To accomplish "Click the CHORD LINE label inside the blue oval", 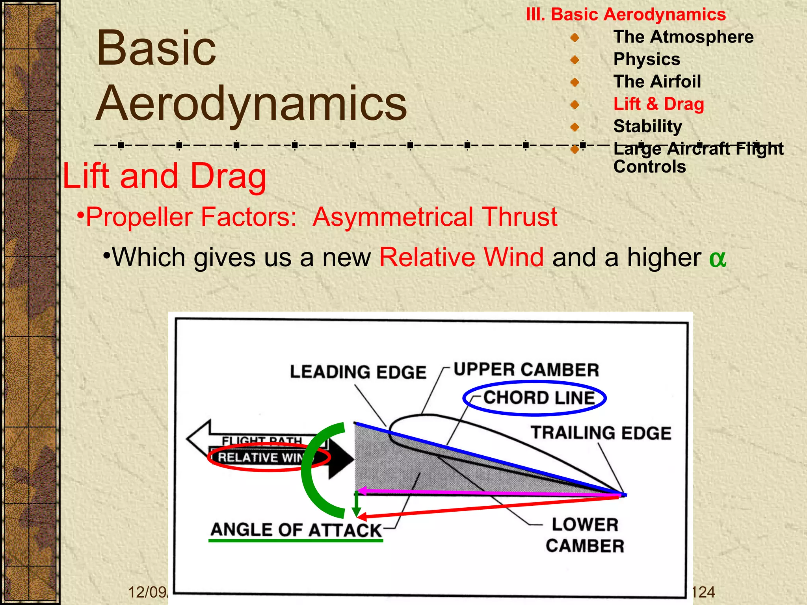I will tap(539, 398).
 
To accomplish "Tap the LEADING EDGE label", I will tap(358, 372).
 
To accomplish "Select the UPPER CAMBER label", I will tap(526, 370).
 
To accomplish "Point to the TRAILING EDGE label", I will tap(601, 433).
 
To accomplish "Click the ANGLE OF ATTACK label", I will tap(296, 530).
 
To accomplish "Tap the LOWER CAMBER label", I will tap(585, 535).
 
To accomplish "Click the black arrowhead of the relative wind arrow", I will tap(340, 459).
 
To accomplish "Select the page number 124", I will tap(703, 592).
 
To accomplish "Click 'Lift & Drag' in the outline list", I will tap(658, 104).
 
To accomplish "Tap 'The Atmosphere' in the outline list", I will tap(683, 37).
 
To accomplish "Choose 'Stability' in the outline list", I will tap(647, 126).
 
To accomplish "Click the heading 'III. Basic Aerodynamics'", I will tap(626, 15).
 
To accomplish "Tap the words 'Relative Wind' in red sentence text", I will tap(461, 257).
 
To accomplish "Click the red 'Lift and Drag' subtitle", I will tap(164, 176).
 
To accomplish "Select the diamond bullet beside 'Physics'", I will tap(575, 60).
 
